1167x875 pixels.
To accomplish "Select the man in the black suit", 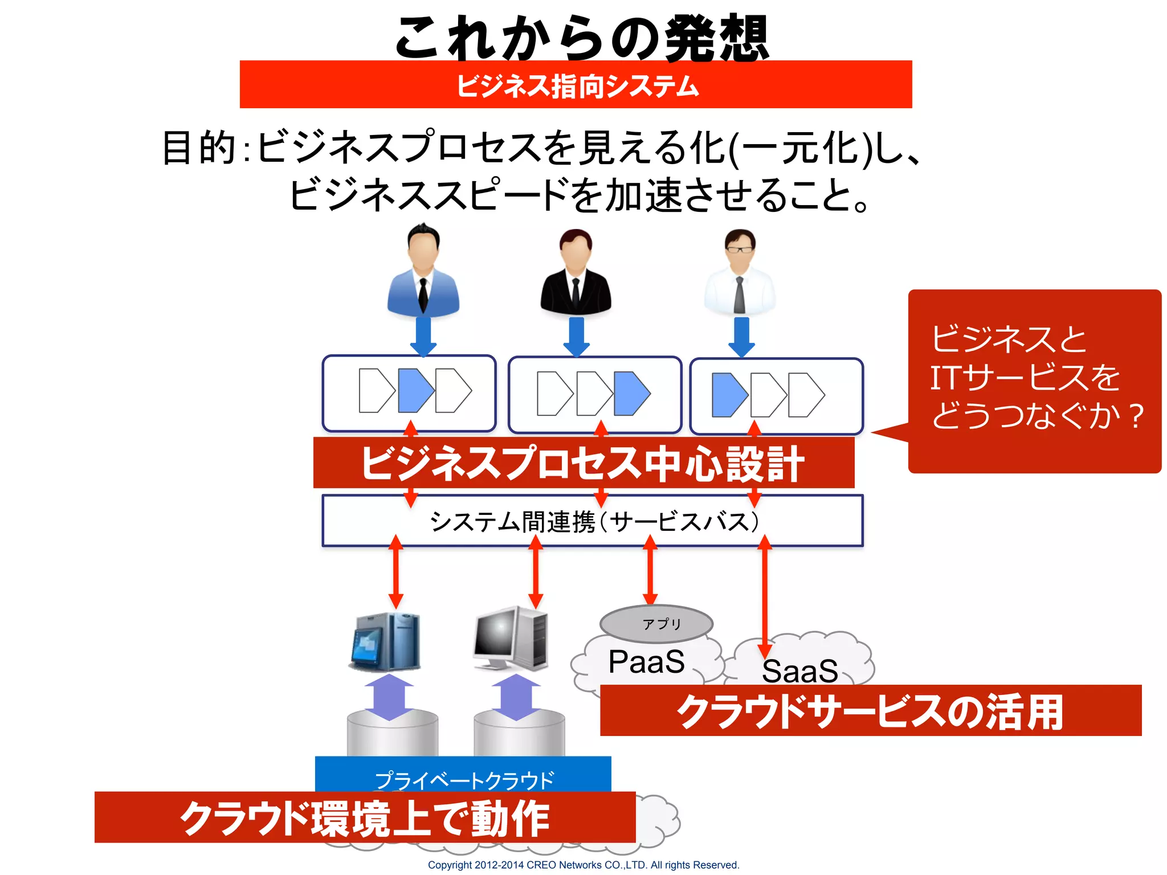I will pos(576,272).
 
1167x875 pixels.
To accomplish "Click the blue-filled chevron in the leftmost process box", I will pos(415,390).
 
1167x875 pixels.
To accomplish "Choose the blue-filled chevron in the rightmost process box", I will pos(729,395).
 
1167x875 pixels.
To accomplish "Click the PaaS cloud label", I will pos(646,662).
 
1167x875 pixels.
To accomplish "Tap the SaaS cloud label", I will pos(799,671).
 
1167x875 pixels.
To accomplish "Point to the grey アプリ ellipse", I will pos(656,624).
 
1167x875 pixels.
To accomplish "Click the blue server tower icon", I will pos(386,641).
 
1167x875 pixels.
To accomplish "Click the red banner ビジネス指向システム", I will pos(576,85).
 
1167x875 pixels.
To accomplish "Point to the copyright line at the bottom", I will pos(583,865).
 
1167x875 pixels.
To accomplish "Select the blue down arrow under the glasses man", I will pos(741,337).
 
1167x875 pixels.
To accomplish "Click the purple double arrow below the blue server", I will pos(389,697).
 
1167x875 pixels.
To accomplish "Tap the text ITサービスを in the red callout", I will pos(1024,378).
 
